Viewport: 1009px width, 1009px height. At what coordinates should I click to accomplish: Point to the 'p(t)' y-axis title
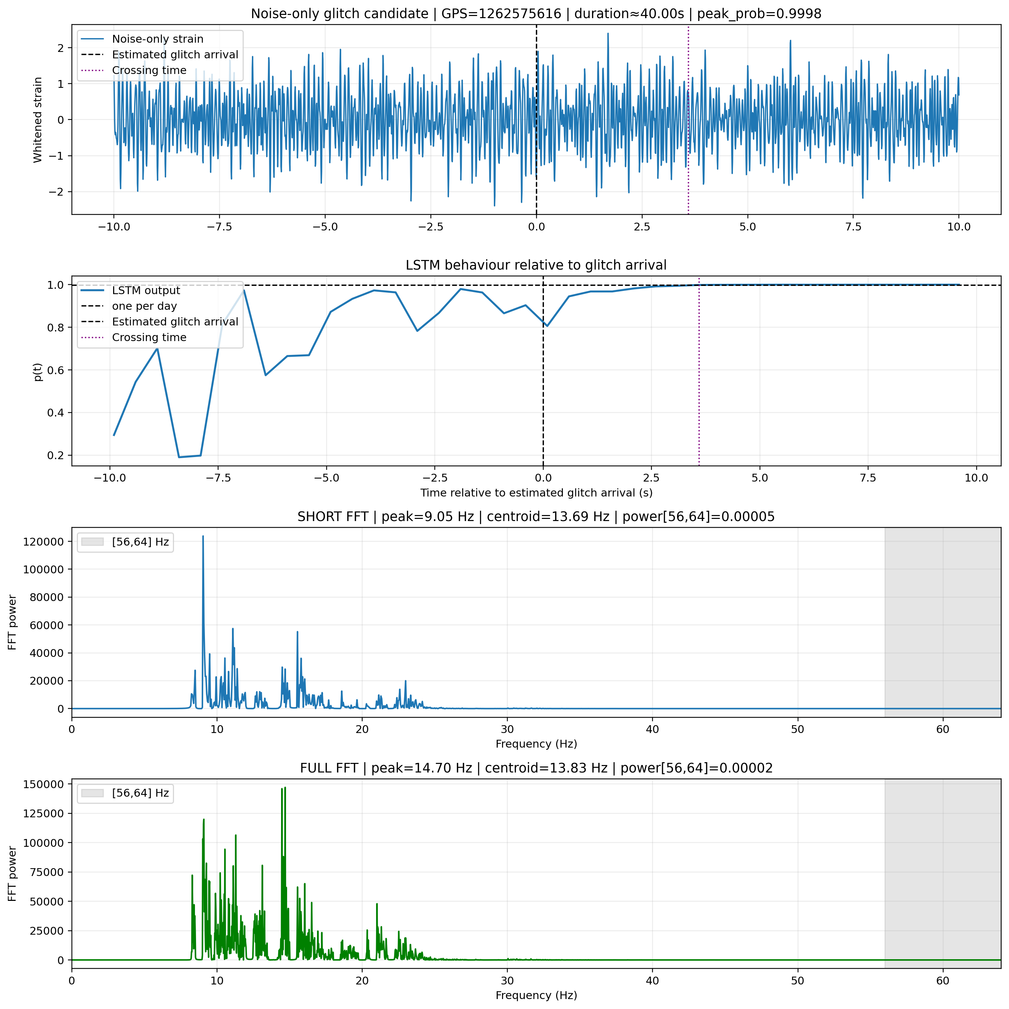point(38,371)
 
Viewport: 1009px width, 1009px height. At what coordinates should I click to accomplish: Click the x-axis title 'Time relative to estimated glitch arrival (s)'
point(536,493)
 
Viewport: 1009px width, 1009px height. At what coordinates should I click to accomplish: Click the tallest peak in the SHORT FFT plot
point(203,536)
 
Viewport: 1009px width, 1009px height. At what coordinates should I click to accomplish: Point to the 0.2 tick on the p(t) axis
point(56,455)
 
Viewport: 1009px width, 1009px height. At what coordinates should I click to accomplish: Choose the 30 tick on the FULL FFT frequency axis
point(507,980)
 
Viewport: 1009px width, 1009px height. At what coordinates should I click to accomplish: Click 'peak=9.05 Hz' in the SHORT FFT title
point(427,517)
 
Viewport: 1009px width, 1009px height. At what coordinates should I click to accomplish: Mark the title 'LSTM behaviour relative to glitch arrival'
point(536,265)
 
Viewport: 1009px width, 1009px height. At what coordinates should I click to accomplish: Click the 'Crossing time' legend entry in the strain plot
point(149,70)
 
